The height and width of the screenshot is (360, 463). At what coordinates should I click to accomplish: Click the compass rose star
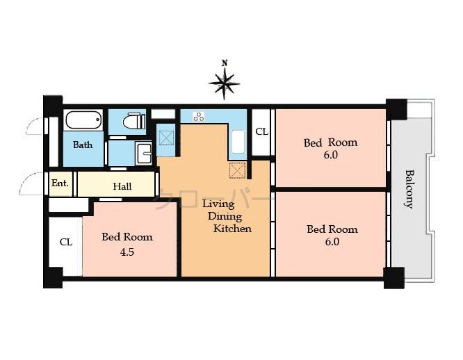224,83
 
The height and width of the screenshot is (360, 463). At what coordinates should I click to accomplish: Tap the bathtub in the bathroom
83,120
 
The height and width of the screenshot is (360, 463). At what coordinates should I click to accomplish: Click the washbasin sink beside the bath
143,153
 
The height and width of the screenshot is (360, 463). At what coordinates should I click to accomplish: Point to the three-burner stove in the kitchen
198,116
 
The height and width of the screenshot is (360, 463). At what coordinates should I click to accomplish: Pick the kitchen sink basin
238,142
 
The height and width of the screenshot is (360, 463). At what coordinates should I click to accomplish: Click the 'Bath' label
83,145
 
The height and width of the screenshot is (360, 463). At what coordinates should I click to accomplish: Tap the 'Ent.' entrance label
60,183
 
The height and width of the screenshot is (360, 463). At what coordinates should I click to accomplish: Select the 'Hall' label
122,186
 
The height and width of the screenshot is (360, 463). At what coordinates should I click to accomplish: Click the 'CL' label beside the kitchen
261,131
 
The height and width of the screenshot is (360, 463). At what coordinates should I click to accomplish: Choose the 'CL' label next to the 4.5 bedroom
65,243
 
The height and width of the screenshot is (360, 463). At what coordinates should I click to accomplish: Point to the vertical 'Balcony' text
409,188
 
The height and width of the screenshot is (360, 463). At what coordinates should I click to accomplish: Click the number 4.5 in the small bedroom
127,252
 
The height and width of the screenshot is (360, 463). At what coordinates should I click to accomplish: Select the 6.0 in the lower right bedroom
332,242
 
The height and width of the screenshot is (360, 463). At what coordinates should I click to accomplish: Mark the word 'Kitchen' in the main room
232,229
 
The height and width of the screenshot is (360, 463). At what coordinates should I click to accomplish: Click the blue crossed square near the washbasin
166,137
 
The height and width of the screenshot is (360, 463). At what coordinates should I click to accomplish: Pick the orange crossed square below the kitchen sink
238,170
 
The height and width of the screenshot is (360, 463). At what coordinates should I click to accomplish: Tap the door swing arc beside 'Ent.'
31,183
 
